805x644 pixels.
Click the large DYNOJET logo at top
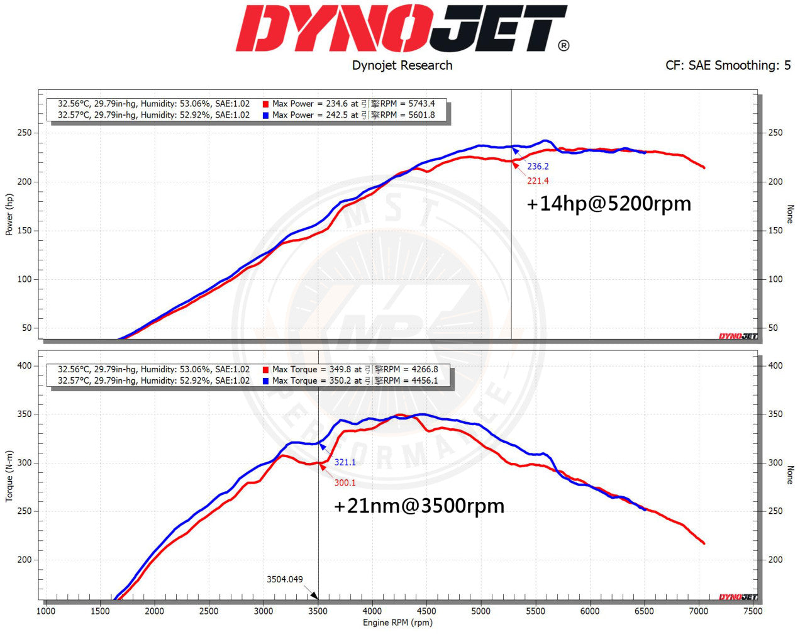402,29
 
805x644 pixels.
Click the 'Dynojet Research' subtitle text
402,65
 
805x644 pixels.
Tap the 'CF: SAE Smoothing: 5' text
728,65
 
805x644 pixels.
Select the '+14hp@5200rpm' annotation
608,204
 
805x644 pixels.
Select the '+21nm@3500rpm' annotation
419,506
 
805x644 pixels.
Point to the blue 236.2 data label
538,167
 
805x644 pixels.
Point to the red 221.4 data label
538,181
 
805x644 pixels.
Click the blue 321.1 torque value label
345,462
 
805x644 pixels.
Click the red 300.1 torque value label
345,483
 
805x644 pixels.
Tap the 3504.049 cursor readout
284,579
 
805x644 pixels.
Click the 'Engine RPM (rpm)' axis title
397,623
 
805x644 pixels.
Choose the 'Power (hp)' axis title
9,214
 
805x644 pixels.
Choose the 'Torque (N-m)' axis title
9,476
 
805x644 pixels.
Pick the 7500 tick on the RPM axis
752,611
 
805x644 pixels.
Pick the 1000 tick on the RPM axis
45,611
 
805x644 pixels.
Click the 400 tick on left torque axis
24,365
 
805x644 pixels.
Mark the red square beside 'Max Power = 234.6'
266,104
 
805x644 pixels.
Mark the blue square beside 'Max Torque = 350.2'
266,381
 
